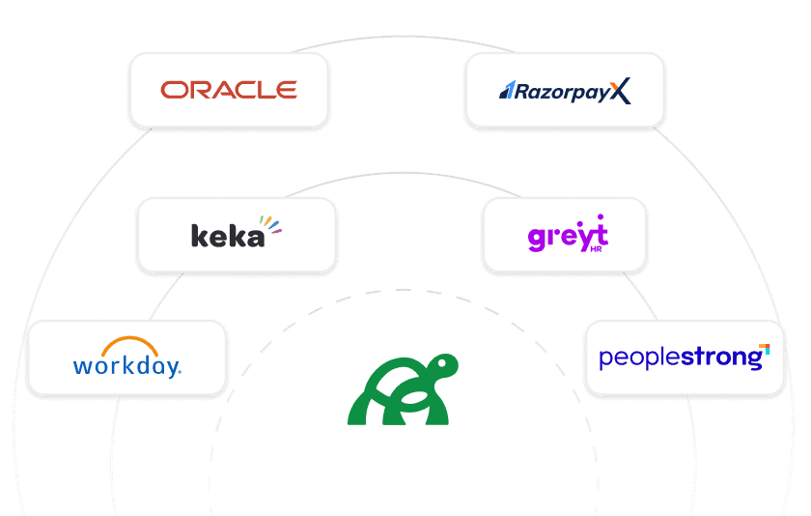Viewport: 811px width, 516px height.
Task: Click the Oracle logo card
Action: tap(229, 91)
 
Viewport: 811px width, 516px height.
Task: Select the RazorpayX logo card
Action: tap(565, 91)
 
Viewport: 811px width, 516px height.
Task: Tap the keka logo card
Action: tap(237, 235)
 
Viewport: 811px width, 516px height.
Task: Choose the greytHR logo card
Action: tap(565, 235)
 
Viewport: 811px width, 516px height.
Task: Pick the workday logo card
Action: tap(126, 358)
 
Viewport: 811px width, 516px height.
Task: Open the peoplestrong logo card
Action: tap(685, 358)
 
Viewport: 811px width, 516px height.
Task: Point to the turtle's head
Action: tap(444, 366)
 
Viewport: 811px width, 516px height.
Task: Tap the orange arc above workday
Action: tap(130, 346)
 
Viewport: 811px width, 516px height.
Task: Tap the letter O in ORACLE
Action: tap(173, 91)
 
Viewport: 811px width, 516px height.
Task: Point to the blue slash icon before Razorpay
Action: tap(506, 92)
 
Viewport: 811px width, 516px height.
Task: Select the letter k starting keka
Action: tap(199, 235)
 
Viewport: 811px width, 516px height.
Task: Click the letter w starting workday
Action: tap(83, 366)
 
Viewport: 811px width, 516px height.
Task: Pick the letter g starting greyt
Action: tap(537, 238)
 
